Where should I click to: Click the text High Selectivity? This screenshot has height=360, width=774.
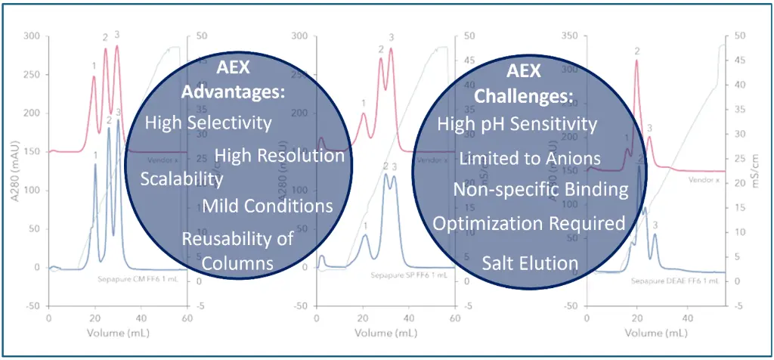208,122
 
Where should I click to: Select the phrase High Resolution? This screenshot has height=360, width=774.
280,156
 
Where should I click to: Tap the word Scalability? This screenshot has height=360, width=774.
181,178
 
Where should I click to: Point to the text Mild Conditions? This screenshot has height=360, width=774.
268,206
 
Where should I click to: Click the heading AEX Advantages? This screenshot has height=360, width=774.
234,79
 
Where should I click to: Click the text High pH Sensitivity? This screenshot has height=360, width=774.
517,124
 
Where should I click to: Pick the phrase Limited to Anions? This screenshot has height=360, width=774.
530,158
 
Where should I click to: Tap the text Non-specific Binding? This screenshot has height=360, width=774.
540,189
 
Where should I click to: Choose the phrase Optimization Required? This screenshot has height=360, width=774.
528,223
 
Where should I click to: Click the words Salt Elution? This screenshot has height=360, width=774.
530,263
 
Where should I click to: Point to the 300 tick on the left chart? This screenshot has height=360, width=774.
31,36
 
